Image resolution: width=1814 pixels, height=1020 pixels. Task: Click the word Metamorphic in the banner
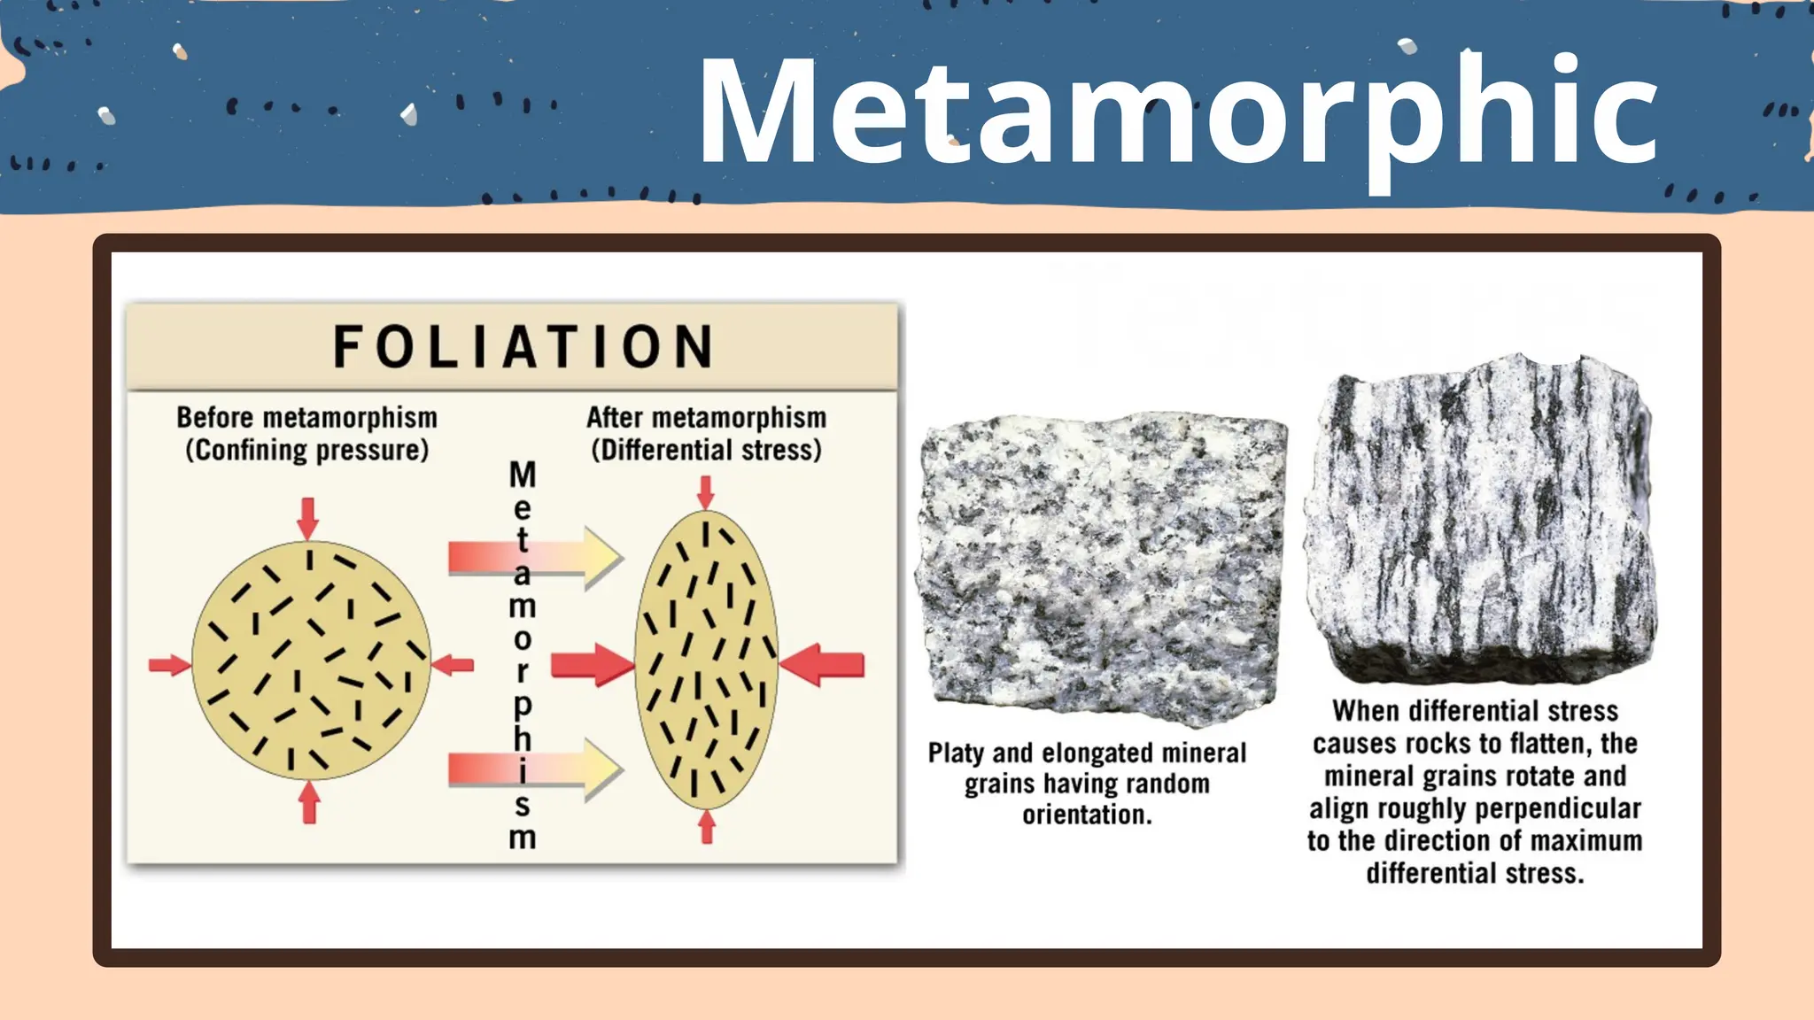[x=1178, y=112]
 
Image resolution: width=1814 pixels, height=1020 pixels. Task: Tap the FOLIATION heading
[x=523, y=346]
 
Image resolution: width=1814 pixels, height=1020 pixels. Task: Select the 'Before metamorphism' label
[x=306, y=417]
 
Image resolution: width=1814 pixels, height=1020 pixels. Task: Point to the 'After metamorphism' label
[x=706, y=417]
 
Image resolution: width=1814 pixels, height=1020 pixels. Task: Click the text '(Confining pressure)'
[x=306, y=450]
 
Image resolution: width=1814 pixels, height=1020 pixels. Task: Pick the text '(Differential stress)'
[x=706, y=450]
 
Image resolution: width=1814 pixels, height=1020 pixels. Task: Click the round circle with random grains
[x=311, y=660]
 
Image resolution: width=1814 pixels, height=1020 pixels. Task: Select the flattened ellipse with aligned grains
[x=706, y=660]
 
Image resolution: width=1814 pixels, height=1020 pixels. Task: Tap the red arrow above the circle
[x=307, y=517]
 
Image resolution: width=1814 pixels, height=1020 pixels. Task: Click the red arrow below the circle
[x=309, y=803]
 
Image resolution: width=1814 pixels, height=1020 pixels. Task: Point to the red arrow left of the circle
[x=168, y=665]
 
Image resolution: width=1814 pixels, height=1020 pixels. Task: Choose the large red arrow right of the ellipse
[x=823, y=665]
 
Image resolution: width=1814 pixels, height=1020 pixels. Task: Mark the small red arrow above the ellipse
[x=705, y=491]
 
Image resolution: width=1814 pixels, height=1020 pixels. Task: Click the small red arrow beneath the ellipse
[x=707, y=827]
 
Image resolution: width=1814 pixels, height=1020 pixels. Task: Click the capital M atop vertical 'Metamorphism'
[x=523, y=475]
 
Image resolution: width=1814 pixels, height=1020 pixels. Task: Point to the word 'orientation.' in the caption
[x=1088, y=815]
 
